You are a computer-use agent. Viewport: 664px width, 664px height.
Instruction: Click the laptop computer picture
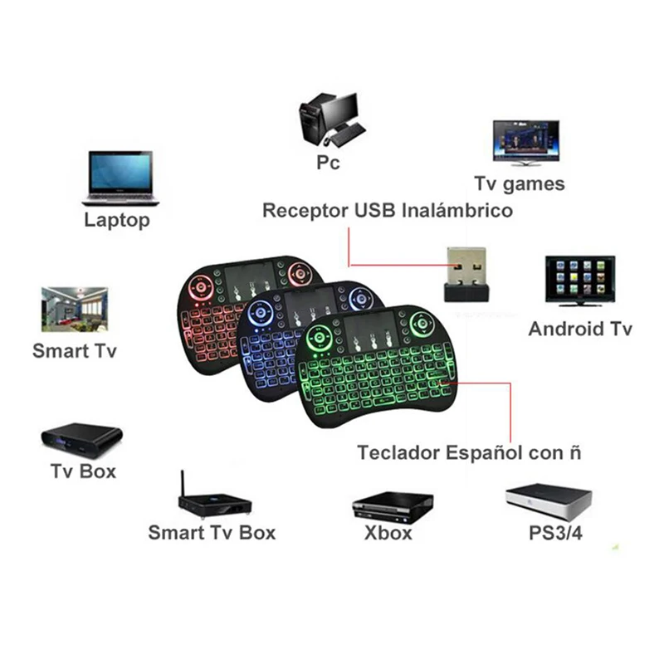pos(120,177)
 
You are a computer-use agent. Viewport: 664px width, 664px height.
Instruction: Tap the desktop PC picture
pos(330,120)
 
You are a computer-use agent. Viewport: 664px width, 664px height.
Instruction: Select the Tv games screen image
pos(525,142)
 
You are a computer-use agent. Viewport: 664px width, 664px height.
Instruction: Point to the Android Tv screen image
pos(579,281)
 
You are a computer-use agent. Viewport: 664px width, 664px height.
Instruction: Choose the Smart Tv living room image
pos(74,309)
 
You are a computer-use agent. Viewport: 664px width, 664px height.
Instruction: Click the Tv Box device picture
pos(81,437)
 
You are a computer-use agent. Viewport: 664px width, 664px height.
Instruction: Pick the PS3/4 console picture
pos(549,499)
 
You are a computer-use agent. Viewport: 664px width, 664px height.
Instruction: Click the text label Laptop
pos(117,220)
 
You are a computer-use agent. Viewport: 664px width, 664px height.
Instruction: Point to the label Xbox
pos(388,533)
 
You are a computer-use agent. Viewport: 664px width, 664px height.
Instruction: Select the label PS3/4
pos(554,533)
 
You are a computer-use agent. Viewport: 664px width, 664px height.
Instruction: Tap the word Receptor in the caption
pos(304,210)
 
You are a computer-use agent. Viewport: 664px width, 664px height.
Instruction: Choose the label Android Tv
pos(580,329)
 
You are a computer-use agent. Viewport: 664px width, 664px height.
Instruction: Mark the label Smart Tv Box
pos(212,532)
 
